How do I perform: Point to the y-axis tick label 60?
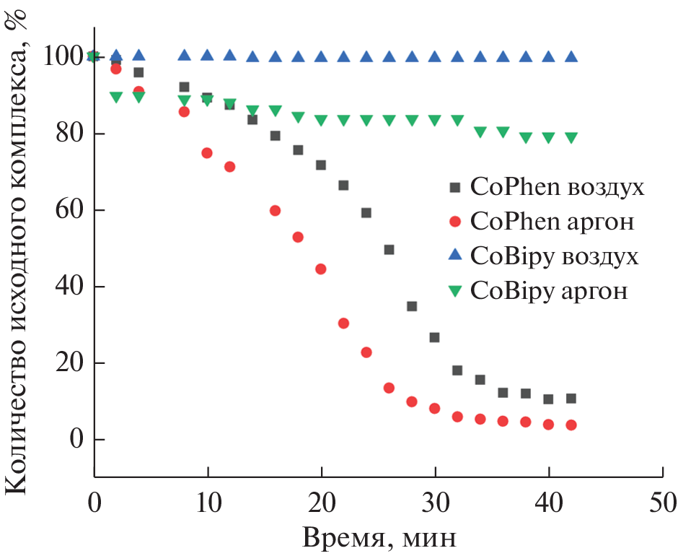click(x=66, y=210)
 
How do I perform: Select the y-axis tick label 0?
click(x=74, y=440)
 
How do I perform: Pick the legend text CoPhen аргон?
click(x=552, y=222)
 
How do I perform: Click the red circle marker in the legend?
click(x=454, y=221)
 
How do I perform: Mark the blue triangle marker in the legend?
click(x=454, y=255)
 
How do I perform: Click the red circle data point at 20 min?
click(x=321, y=269)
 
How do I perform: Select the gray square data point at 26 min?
click(x=389, y=250)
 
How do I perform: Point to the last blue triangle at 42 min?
click(x=571, y=56)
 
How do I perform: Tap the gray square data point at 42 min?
click(x=571, y=398)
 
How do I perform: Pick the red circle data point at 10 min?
click(x=207, y=153)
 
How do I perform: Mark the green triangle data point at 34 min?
click(x=480, y=132)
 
